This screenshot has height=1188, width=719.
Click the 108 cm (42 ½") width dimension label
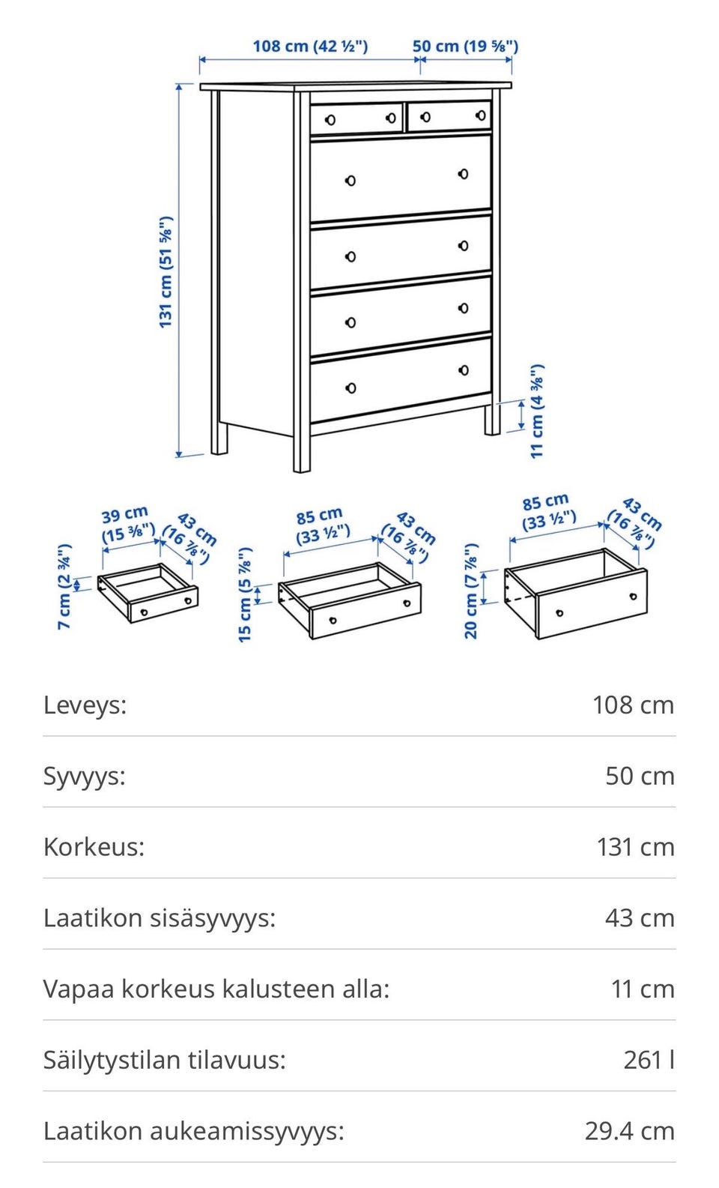[310, 46]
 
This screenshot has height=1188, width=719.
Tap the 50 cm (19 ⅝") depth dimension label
[465, 46]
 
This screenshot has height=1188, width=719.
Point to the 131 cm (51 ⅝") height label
[166, 272]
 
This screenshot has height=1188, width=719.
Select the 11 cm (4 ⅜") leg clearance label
[537, 411]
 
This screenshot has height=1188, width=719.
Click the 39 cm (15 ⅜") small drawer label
[127, 525]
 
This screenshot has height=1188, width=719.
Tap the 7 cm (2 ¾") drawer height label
[64, 586]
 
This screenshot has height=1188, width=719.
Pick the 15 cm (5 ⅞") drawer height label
[245, 594]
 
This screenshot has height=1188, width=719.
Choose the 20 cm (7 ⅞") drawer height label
[470, 591]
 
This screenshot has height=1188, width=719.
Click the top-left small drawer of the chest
[356, 118]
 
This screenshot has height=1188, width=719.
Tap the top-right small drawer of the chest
[449, 115]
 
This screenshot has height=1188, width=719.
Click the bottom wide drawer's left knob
[351, 388]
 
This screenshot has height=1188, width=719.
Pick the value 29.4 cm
[630, 1131]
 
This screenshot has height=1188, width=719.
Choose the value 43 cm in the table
[640, 918]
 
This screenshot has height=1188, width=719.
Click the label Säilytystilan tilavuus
[164, 1060]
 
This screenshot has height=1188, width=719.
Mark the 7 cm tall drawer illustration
[148, 593]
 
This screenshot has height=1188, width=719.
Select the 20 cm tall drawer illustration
[575, 594]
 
